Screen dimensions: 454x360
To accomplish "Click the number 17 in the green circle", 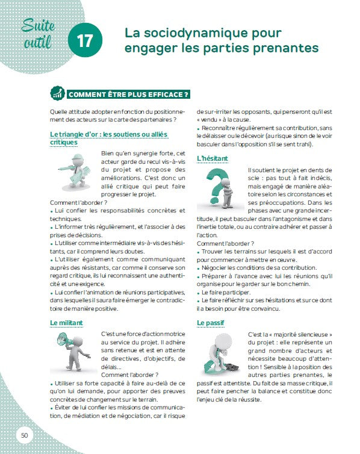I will [85, 40].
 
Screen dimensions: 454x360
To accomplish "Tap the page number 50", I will [24, 435].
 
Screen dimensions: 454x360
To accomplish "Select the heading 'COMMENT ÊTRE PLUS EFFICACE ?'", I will [129, 95].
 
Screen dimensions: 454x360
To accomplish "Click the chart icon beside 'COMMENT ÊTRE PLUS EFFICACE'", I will [58, 95].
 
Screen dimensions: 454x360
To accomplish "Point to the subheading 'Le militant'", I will [66, 323].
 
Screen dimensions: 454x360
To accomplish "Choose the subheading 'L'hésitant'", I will [213, 158].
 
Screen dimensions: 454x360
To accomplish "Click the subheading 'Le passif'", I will [211, 323].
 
